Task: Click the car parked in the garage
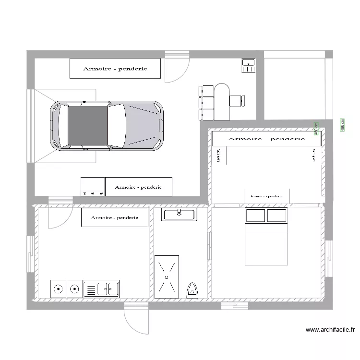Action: pos(107,126)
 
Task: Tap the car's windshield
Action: pos(117,126)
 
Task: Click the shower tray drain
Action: pos(167,277)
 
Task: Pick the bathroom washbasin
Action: pos(179,214)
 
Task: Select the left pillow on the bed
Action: pos(255,216)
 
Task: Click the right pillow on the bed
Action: pos(277,216)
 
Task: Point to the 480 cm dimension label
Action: pos(316,127)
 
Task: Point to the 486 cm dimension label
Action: pos(342,124)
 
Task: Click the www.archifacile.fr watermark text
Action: pos(330,330)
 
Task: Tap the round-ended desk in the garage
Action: pos(222,101)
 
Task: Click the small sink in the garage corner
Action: pos(248,65)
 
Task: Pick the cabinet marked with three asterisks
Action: pos(92,186)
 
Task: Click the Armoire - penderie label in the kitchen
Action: pos(115,217)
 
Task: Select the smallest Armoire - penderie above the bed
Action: pos(266,196)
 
